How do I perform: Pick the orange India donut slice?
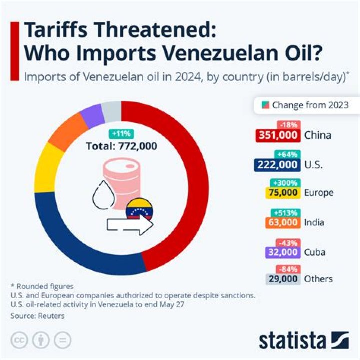click(66, 131)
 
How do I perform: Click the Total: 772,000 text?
click(121, 146)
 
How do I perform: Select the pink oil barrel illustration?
click(122, 180)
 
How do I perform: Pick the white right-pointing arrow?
click(130, 226)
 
